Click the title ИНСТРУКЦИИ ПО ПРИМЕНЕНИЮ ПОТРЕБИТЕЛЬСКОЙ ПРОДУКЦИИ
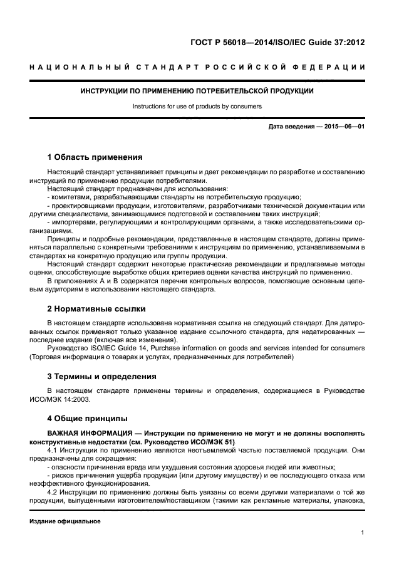pos(197,92)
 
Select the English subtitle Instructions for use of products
pos(197,107)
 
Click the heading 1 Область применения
pos(95,157)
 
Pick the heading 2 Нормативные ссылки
pos(96,309)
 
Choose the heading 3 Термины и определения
pos(102,377)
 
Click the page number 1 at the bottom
pos(363,533)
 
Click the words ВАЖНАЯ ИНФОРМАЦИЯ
pos(90,434)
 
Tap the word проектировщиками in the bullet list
pos(81,206)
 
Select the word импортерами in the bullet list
pos(72,222)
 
